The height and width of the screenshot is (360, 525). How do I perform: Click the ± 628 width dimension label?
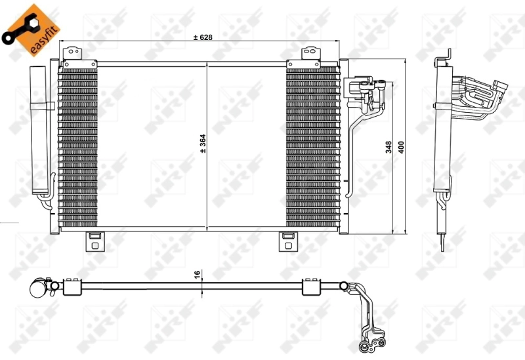[x=203, y=37]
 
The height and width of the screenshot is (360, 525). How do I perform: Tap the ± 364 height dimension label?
[x=203, y=144]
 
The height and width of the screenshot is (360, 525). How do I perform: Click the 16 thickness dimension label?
[x=197, y=275]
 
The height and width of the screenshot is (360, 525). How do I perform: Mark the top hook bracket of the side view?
[x=443, y=59]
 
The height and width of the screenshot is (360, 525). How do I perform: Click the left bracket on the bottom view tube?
[x=71, y=286]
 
